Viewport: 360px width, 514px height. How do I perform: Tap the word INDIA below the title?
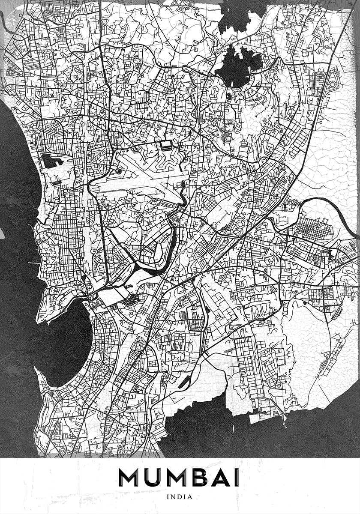(x=180, y=497)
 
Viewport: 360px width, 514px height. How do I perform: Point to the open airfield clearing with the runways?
(x=141, y=180)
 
